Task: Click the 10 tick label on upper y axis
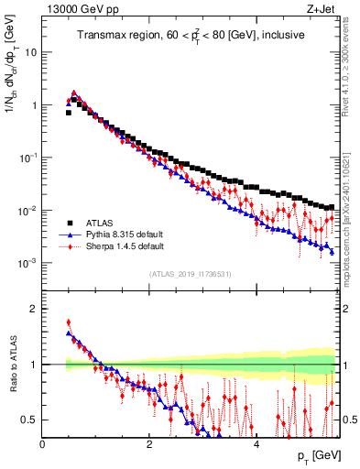pyautogui.click(x=31, y=52)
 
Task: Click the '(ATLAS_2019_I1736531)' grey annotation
pyautogui.click(x=191, y=274)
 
